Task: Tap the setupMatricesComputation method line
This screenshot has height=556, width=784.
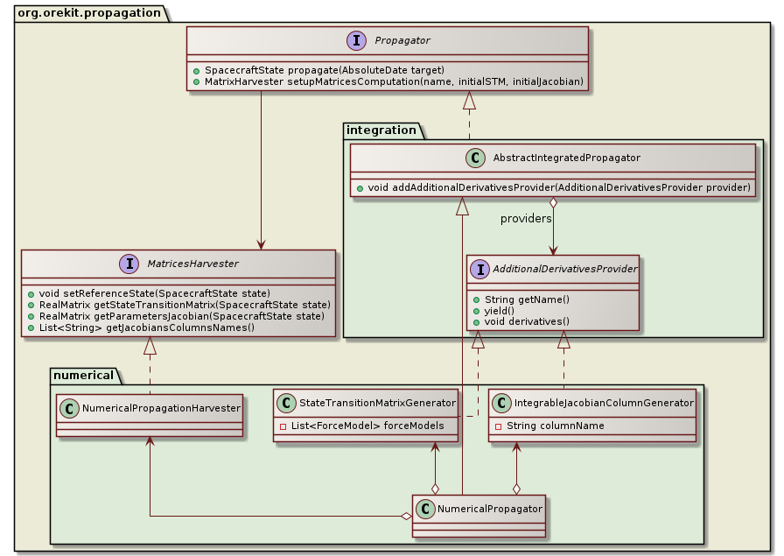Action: tap(388, 81)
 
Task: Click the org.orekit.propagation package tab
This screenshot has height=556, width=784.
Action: tap(90, 12)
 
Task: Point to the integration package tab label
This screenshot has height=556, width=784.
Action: tap(383, 130)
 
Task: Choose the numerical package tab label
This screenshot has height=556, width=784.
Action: tap(84, 376)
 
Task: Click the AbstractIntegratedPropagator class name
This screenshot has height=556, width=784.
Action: tap(566, 158)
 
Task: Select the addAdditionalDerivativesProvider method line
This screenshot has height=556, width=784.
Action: tap(552, 187)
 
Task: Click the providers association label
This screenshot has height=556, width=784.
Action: tap(526, 218)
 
